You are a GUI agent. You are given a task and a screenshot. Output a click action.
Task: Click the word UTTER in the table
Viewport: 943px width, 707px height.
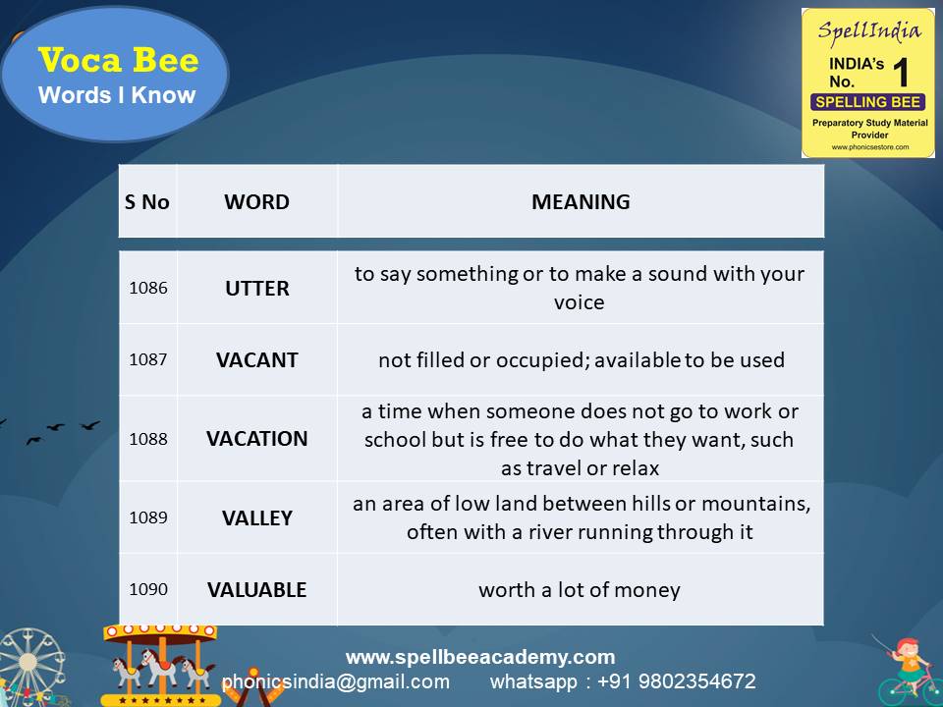pos(257,288)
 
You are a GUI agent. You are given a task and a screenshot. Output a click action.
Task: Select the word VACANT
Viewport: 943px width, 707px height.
pos(257,359)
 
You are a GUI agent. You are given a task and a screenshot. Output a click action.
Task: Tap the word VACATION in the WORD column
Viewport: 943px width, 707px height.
pos(257,438)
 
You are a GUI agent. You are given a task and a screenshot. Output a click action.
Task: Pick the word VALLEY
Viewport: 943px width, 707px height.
pos(257,517)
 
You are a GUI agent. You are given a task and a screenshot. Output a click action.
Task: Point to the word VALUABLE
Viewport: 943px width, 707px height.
pos(257,589)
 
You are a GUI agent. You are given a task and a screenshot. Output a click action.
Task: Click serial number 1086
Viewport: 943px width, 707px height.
pos(148,288)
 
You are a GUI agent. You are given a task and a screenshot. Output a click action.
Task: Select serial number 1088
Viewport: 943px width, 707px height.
pos(148,438)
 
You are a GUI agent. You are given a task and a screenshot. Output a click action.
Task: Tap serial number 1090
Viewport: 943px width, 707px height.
pos(148,589)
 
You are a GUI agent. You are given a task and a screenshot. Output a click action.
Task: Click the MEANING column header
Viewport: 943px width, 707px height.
pos(581,202)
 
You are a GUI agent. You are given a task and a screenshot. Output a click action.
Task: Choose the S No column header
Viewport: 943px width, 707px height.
pos(147,202)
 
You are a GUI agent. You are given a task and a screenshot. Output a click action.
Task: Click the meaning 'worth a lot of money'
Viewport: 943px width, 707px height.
pos(580,589)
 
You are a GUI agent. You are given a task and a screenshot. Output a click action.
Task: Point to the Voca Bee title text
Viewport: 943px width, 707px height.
pos(118,61)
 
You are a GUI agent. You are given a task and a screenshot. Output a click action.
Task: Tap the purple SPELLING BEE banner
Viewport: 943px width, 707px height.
pos(867,102)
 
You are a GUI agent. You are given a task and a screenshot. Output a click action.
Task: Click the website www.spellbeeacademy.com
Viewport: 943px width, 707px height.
pos(480,657)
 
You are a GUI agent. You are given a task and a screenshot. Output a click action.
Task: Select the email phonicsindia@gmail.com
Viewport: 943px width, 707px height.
pos(336,681)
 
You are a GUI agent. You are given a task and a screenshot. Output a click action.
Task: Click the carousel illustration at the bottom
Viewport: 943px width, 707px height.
pos(160,663)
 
